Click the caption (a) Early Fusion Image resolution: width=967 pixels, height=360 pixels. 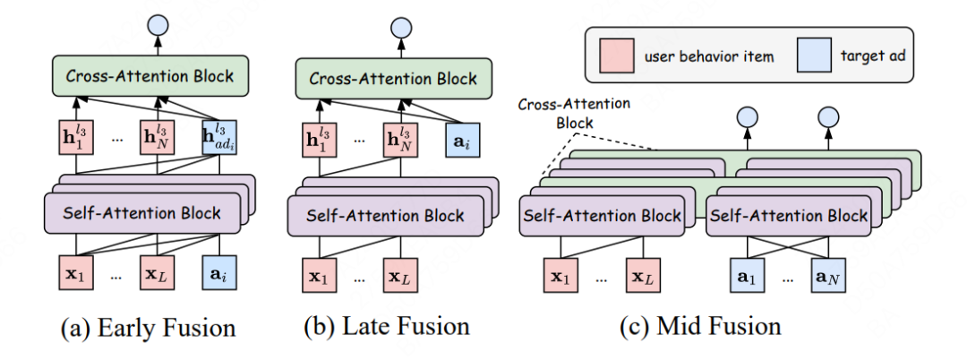tap(148, 328)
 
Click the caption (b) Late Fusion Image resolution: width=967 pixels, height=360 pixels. tap(388, 328)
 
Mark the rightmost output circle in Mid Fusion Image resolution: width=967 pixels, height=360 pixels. tap(828, 117)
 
